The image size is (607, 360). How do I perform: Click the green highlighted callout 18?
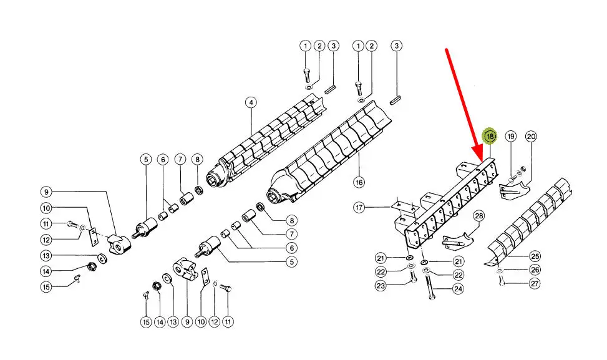(490, 136)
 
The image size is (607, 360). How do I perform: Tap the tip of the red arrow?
(482, 161)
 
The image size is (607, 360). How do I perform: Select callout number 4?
(251, 102)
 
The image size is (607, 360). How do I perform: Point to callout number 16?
(359, 182)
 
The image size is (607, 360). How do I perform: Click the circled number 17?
(359, 208)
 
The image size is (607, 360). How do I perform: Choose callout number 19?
(511, 136)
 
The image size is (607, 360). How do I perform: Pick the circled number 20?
(531, 136)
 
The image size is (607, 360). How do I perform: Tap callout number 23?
(381, 286)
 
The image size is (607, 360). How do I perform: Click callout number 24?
(459, 289)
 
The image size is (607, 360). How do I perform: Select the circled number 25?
(535, 256)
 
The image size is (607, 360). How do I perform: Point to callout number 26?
(535, 270)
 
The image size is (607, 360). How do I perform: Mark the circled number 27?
(535, 284)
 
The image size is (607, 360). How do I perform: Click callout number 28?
(479, 216)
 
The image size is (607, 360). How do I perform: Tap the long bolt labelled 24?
(430, 285)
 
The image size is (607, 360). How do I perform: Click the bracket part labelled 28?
(459, 240)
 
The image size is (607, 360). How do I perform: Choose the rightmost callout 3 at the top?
(396, 46)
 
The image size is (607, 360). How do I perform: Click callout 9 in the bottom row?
(187, 322)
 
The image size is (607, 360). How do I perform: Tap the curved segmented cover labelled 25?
(528, 222)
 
